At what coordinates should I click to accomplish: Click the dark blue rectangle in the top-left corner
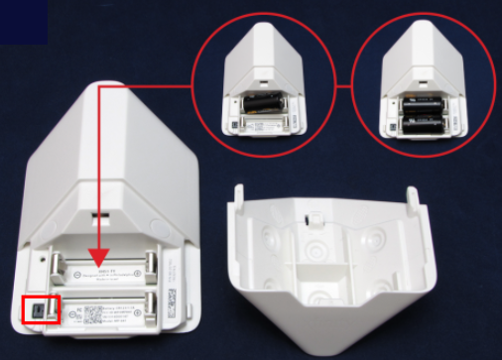(23, 21)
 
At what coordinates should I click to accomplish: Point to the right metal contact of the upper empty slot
(152, 265)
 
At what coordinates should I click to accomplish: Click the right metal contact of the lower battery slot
(151, 307)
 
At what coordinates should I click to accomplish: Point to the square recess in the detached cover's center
(315, 257)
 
